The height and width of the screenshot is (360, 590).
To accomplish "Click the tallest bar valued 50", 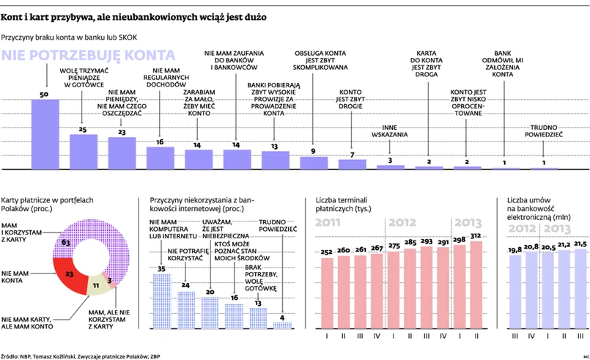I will (x=45, y=134).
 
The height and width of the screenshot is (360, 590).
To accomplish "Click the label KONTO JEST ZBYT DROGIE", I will (x=352, y=98).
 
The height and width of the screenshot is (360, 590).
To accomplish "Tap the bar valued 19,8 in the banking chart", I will (x=515, y=291).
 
